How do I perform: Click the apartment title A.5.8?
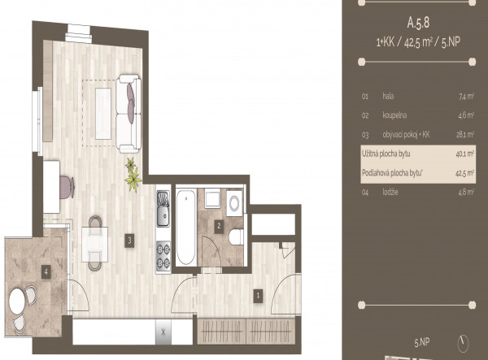[418, 23]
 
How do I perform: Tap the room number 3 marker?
[129, 241]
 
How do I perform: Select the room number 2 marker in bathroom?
[219, 227]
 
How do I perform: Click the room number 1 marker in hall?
[258, 296]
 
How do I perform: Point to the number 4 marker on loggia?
[46, 272]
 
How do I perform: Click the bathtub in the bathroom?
[185, 227]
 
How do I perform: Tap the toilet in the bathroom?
[236, 237]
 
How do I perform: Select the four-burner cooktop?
[163, 256]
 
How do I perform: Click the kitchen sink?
[163, 209]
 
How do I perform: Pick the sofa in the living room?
[129, 114]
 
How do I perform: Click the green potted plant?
[133, 175]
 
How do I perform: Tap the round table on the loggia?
[17, 301]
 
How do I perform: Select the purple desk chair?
[67, 187]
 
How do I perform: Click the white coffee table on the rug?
[103, 114]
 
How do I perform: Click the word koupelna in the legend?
[394, 115]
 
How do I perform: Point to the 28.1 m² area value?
[465, 135]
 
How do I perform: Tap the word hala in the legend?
[388, 96]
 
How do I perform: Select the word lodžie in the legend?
[390, 192]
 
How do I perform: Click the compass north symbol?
[463, 344]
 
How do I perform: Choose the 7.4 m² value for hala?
[466, 97]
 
